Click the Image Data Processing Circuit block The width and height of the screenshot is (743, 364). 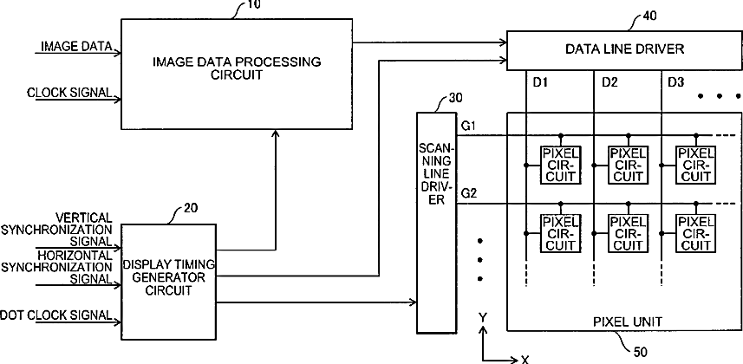coord(237,74)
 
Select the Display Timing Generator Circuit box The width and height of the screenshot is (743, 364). coord(169,282)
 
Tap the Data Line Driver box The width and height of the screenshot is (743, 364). coord(624,50)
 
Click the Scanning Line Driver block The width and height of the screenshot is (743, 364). coord(436,222)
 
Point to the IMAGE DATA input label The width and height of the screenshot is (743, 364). coord(76,47)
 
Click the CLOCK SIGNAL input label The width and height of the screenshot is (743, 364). coord(69,93)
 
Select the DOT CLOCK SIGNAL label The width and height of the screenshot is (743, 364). coord(56,315)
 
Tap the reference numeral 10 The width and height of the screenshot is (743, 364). coord(253,4)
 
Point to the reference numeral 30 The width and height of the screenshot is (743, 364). coord(455,98)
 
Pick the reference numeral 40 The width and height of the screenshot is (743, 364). coord(650,16)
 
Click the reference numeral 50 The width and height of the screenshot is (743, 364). coord(640,352)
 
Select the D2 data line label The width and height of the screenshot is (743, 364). coord(609,82)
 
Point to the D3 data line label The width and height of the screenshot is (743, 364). coord(675,82)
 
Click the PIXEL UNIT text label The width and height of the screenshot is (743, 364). coord(628,322)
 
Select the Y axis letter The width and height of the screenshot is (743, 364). coord(483,317)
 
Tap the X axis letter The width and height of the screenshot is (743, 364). coord(525,360)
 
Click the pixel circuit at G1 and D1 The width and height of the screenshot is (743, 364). coord(561,165)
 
